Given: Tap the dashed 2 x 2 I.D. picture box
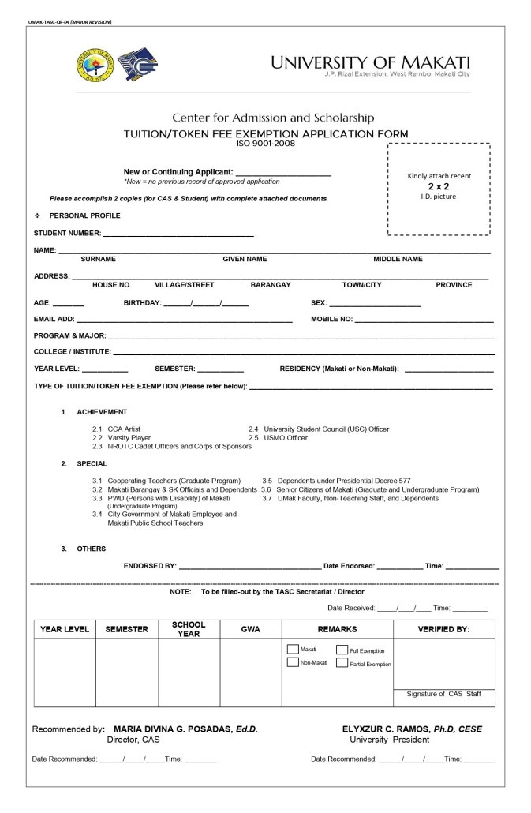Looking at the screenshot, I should (x=439, y=189).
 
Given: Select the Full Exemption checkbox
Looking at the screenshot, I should (x=342, y=650).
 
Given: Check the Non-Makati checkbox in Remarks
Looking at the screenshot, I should (x=292, y=662).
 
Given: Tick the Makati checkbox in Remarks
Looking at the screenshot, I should (x=292, y=650).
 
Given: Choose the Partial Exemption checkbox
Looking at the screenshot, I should (x=342, y=663).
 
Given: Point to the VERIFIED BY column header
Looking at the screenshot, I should (x=443, y=629).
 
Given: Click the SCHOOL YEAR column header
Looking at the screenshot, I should (x=189, y=629).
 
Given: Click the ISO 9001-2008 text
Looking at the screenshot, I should (x=264, y=143).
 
